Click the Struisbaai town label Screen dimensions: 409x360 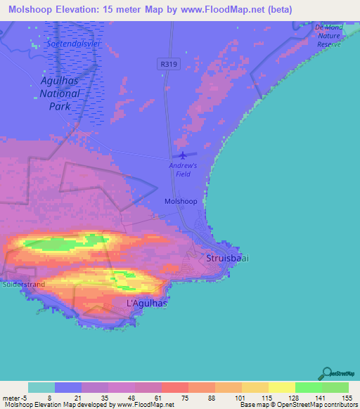click(228, 258)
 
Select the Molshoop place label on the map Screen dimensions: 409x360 click(180, 201)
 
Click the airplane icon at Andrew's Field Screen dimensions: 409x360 click(184, 155)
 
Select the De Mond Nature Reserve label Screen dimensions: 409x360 click(328, 35)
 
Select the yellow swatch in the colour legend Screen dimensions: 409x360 click(281, 387)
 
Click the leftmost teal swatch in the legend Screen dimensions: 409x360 click(41, 387)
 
